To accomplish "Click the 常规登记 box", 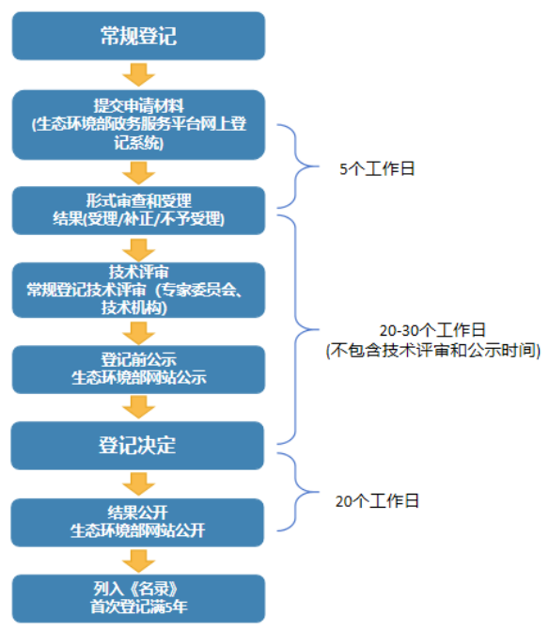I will tap(138, 36).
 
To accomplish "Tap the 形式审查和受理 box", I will tap(138, 210).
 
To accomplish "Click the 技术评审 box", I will tap(138, 291).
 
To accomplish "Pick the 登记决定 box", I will tap(138, 445).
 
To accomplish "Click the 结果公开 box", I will tap(138, 521).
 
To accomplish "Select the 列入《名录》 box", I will tap(138, 597).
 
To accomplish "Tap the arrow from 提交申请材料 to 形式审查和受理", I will tap(138, 172).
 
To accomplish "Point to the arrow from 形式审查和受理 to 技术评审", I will tap(138, 248).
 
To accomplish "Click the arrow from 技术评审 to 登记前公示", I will tap(138, 332).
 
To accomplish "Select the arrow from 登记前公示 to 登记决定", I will tap(138, 406).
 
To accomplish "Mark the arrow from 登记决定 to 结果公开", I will tap(138, 483).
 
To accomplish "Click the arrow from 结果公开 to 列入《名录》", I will tap(138, 560).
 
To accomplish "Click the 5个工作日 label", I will tap(377, 169).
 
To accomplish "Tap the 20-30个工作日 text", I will tap(432, 331).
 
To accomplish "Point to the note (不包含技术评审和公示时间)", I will tap(432, 351).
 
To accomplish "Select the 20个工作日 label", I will tap(377, 501).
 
